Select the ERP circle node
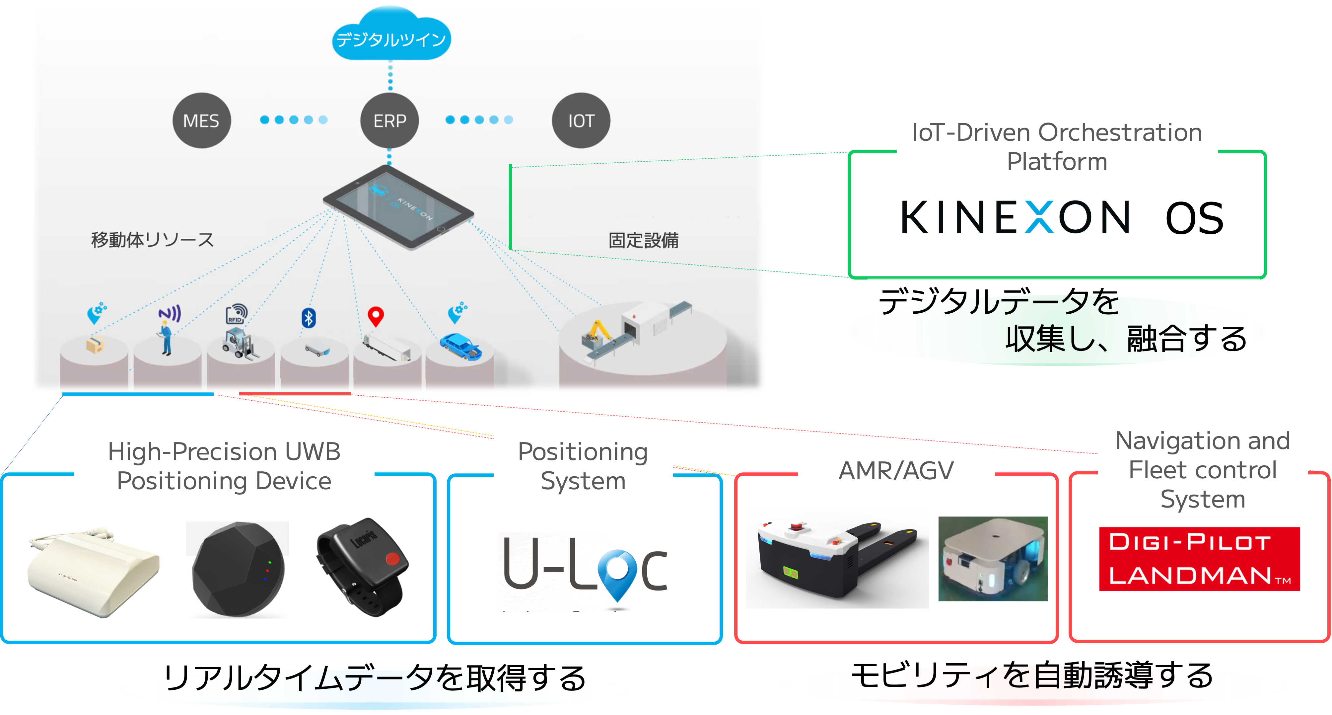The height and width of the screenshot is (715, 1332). coord(389,120)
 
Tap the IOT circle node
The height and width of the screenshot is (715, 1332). coord(581,120)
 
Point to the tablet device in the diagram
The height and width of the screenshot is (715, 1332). coord(398,207)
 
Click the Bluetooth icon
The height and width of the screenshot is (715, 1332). coord(309,318)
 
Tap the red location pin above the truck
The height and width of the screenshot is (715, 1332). coord(376,316)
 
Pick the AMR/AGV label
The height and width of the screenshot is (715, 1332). coord(896,471)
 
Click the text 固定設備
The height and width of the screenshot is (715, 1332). coord(643,241)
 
